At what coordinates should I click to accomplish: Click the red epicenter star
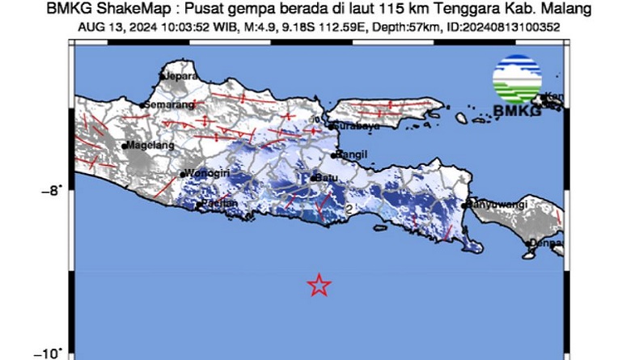click(x=319, y=285)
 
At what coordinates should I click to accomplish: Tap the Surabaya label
click(x=346, y=126)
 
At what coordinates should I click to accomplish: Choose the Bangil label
click(x=354, y=155)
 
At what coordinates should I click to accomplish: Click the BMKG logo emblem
click(x=517, y=79)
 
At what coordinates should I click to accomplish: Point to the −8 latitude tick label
click(x=53, y=191)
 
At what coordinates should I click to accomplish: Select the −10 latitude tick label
click(x=49, y=354)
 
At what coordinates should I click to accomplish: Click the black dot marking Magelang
click(x=125, y=146)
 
